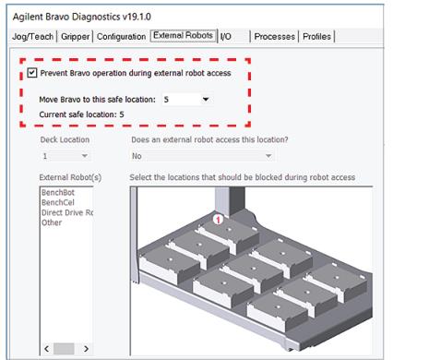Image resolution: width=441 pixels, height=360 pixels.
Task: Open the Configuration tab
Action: (122, 37)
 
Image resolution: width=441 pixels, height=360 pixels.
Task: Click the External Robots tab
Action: (183, 36)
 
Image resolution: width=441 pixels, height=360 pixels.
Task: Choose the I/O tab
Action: (226, 37)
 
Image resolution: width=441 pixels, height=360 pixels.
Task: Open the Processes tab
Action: (275, 37)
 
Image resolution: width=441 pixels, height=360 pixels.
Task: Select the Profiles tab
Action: (316, 37)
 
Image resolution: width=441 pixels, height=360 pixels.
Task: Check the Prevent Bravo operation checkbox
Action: (32, 73)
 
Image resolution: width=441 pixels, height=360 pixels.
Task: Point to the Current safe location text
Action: (81, 114)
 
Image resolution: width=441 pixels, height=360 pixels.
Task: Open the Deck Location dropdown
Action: (64, 157)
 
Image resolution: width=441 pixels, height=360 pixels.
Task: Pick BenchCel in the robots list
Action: (57, 203)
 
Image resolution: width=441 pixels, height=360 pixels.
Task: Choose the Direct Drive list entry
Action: (67, 213)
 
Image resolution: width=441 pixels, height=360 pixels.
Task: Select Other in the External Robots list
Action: (52, 222)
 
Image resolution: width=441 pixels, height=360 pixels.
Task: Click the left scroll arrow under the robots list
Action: (45, 349)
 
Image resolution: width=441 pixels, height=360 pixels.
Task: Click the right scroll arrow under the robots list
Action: (86, 349)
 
